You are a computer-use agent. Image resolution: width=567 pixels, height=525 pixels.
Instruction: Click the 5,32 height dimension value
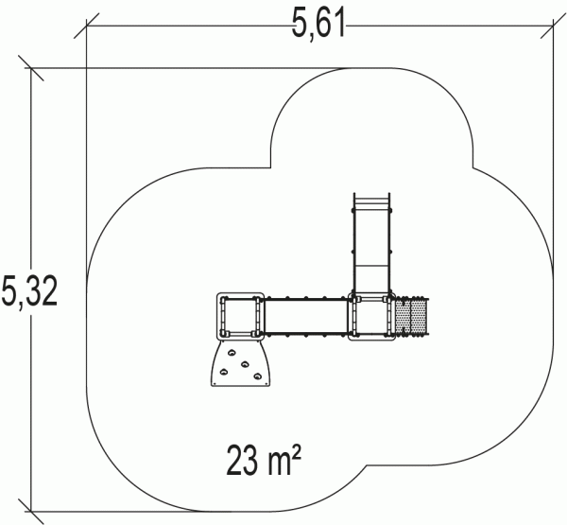coord(29,290)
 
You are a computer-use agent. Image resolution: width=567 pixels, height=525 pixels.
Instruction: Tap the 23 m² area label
coord(264,460)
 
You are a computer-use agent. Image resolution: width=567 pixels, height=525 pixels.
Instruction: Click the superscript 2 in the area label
coord(296,452)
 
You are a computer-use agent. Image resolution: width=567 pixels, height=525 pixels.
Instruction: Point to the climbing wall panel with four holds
coord(240,363)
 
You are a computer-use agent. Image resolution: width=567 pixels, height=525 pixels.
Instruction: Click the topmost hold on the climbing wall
coord(232,352)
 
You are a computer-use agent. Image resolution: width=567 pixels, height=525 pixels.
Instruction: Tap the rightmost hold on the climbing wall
coord(257,376)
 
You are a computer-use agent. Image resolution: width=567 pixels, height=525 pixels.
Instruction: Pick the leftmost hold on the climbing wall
coord(224,371)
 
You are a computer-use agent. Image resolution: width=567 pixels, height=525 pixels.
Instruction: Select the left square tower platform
coord(240,317)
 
